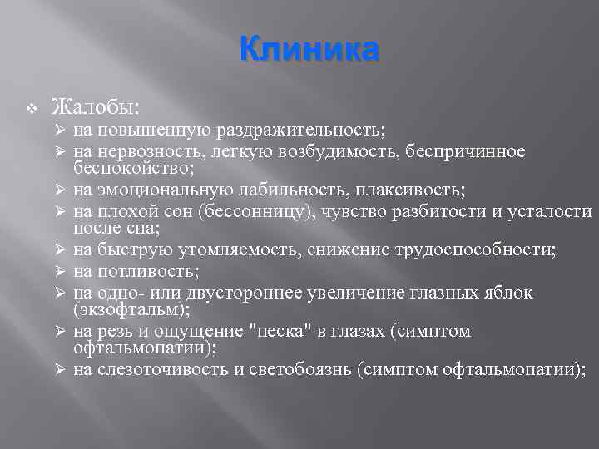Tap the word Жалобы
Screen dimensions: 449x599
(x=94, y=107)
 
